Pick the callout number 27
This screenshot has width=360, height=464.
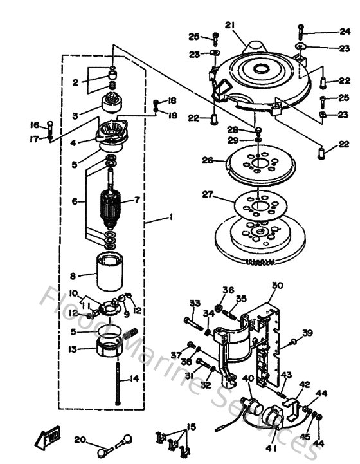point(207,194)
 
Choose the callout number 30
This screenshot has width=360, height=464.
point(277,285)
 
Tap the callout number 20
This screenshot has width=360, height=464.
point(80,440)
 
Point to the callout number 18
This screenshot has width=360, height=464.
point(172,101)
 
